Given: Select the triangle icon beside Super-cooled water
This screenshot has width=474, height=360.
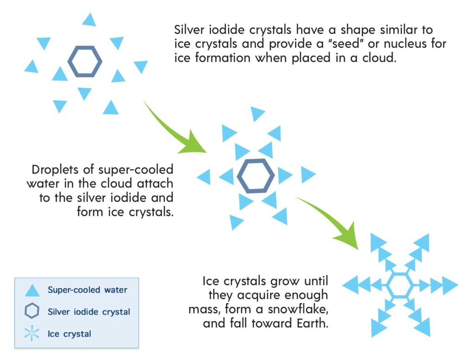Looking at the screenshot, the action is (32, 290).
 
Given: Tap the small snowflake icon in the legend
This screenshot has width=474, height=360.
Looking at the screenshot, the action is (32, 333).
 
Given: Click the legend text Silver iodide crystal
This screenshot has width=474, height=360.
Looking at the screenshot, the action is (89, 311).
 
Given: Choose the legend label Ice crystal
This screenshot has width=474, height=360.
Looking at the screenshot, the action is (69, 334).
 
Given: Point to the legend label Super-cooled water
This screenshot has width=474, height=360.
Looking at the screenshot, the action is (87, 290).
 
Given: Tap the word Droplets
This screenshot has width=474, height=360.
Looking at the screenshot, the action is (55, 169).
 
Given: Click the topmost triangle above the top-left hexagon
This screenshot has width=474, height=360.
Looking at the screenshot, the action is (89, 19).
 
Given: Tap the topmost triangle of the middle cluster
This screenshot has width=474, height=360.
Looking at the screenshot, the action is (257, 114).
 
